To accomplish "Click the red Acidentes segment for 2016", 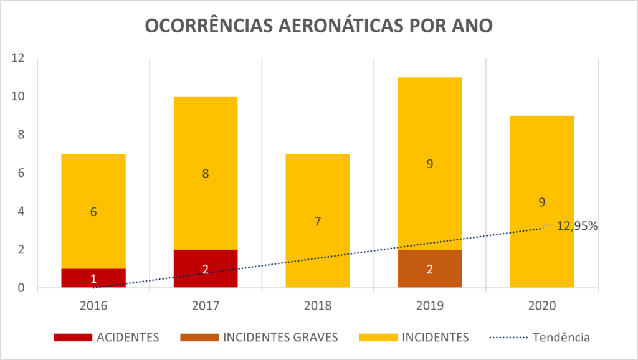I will pyautogui.click(x=93, y=278).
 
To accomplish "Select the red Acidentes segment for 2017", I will pyautogui.click(x=206, y=268).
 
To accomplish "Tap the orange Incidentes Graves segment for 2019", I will pyautogui.click(x=430, y=268).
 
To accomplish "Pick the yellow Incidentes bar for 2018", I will pyautogui.click(x=318, y=187).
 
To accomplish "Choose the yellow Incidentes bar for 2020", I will pyautogui.click(x=542, y=162).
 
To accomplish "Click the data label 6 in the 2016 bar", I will pyautogui.click(x=93, y=212).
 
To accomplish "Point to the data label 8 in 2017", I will pyautogui.click(x=206, y=173).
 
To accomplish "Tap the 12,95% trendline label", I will pyautogui.click(x=576, y=226).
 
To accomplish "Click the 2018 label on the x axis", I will pyautogui.click(x=318, y=306).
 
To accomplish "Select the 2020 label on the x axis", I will pyautogui.click(x=542, y=306).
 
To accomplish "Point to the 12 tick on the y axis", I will pyautogui.click(x=17, y=59).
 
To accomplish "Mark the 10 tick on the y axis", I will pyautogui.click(x=17, y=97).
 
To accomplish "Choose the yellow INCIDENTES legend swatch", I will pyautogui.click(x=378, y=338).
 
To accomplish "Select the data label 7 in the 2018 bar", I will pyautogui.click(x=318, y=221).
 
